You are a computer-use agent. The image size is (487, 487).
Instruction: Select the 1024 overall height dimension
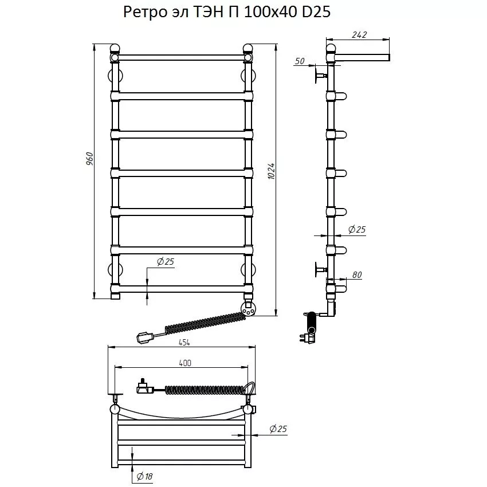coord(271,172)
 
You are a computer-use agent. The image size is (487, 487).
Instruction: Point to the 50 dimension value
coord(300,61)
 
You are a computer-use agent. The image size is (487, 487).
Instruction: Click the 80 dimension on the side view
coord(357,276)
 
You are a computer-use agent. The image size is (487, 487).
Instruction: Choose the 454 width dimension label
coord(183,342)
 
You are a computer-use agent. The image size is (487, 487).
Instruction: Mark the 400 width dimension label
coord(185,363)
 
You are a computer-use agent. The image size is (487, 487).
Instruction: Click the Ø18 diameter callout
coord(145,476)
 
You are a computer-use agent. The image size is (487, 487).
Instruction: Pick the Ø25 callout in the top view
coord(277,429)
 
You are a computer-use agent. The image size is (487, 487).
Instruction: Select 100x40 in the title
coord(269,13)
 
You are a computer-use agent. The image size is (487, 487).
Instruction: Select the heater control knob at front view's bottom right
coord(249,309)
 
